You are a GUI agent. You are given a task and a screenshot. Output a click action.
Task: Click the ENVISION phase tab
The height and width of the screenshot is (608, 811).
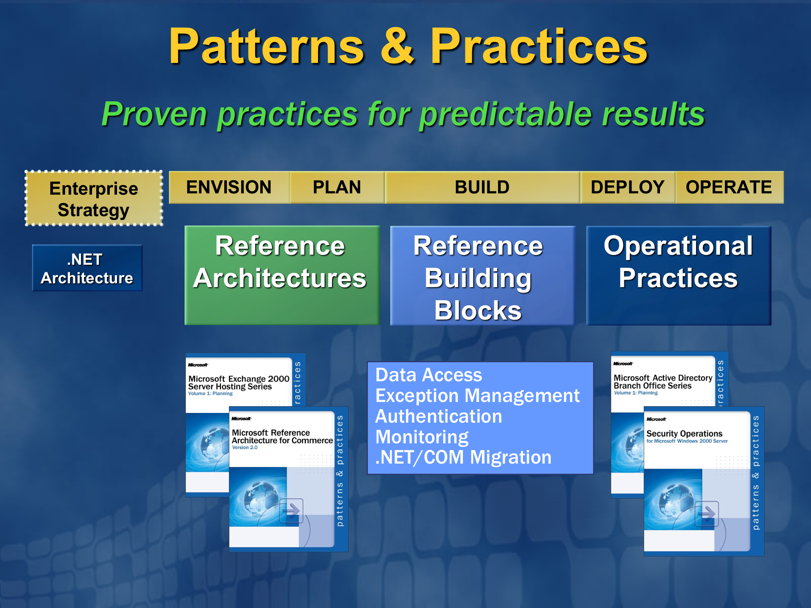pyautogui.click(x=229, y=187)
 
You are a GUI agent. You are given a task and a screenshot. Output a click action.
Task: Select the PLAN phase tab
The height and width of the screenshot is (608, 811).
pyautogui.click(x=337, y=187)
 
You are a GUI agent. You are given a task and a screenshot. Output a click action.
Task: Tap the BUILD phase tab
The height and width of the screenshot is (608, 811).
pyautogui.click(x=482, y=187)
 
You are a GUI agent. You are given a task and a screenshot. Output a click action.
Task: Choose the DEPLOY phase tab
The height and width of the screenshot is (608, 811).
pyautogui.click(x=628, y=187)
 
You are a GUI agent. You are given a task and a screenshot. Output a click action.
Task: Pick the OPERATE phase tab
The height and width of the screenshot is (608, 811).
pyautogui.click(x=729, y=187)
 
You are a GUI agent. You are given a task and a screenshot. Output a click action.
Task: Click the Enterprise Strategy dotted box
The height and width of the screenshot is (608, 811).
pyautogui.click(x=94, y=198)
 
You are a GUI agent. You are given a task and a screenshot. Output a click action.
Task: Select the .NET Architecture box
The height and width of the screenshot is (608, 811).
pyautogui.click(x=87, y=268)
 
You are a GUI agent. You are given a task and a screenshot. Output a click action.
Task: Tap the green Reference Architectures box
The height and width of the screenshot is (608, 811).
pyautogui.click(x=282, y=275)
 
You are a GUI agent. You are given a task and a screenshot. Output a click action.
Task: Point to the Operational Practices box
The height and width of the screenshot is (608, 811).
pyautogui.click(x=679, y=275)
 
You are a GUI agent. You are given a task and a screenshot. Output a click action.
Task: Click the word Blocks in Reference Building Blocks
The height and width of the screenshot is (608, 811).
pyautogui.click(x=478, y=311)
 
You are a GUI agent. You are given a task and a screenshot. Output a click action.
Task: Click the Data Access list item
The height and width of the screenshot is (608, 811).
pyautogui.click(x=429, y=375)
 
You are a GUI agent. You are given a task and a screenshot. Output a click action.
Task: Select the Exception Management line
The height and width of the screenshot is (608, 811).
pyautogui.click(x=478, y=396)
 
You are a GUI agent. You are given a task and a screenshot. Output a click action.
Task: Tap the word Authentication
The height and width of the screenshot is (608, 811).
pyautogui.click(x=439, y=417)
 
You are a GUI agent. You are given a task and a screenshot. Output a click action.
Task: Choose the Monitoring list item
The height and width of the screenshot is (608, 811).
pyautogui.click(x=422, y=437)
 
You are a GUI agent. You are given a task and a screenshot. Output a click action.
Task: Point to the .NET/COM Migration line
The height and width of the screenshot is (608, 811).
pyautogui.click(x=463, y=457)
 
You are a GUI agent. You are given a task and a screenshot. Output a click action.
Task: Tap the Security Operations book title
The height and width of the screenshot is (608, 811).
pyautogui.click(x=684, y=434)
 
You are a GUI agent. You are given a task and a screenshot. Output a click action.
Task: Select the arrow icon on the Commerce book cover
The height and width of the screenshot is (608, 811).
pyautogui.click(x=291, y=511)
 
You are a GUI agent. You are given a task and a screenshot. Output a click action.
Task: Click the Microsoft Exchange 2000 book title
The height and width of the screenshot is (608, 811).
pyautogui.click(x=239, y=383)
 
